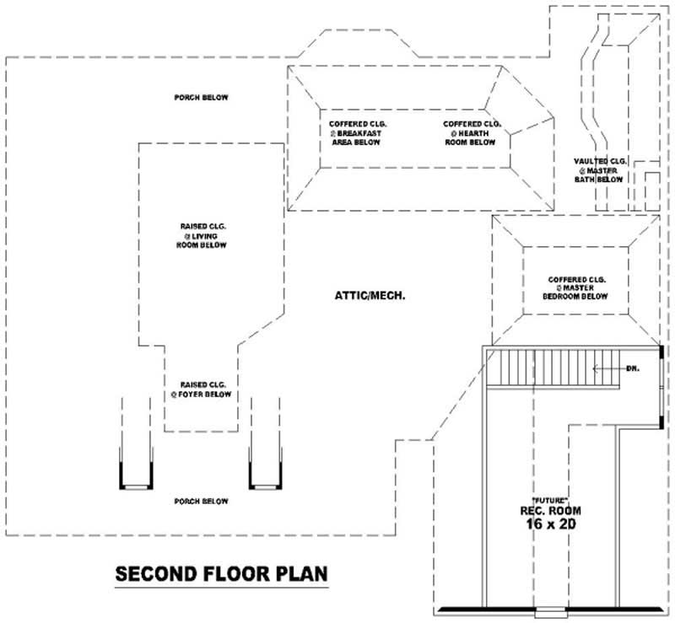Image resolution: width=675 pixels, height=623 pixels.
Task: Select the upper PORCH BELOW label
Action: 201,98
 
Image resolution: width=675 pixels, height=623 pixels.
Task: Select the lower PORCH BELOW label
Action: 201,502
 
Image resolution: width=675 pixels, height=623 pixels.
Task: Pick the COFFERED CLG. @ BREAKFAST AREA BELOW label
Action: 354,133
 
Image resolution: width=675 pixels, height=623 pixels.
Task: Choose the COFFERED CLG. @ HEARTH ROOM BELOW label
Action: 470,133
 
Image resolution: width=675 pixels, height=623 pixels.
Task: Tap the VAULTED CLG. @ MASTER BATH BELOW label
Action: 600,169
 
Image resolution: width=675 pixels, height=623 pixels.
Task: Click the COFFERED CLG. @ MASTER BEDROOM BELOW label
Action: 577,288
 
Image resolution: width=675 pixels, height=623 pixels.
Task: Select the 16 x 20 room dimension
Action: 550,524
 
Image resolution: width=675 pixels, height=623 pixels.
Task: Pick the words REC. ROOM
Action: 550,511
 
